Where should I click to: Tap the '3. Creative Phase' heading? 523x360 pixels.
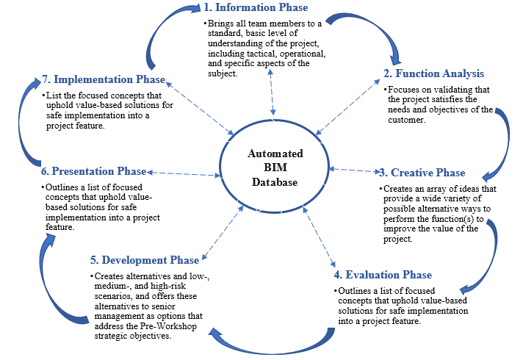[422, 173]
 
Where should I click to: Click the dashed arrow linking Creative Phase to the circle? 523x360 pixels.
[354, 170]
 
